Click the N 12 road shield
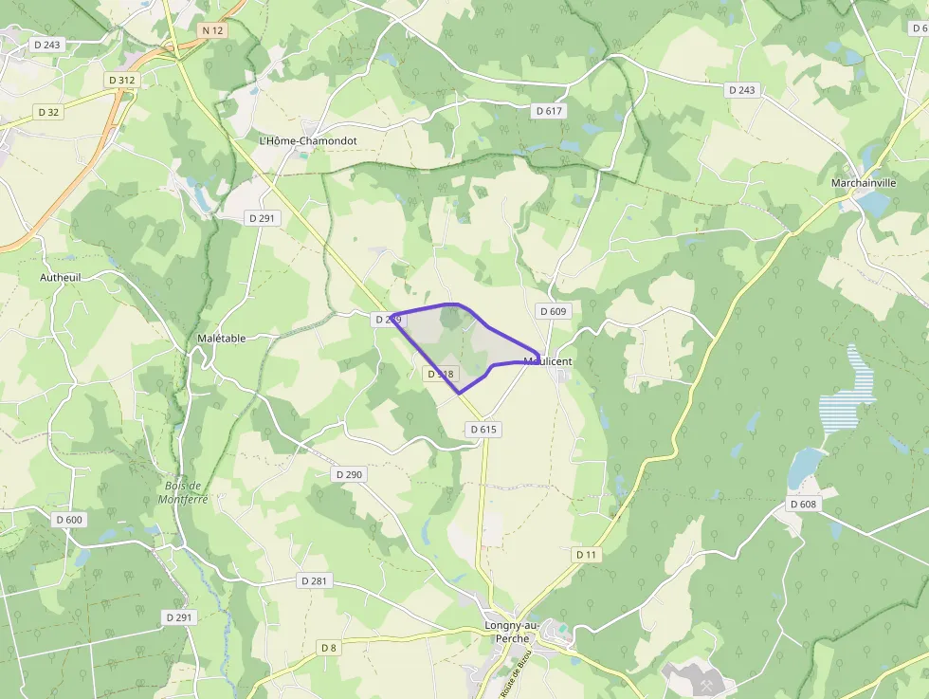[212, 31]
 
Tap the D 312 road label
[122, 81]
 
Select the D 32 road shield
[48, 112]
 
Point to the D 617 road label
[549, 111]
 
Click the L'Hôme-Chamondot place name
[308, 140]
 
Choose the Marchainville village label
[864, 182]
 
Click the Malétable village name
[222, 338]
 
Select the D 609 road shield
[553, 311]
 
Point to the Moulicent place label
[548, 361]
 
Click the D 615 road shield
[483, 430]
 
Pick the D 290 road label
[350, 473]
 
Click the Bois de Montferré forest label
[183, 492]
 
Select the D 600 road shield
[69, 520]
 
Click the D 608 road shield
[803, 504]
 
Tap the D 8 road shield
[328, 648]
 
